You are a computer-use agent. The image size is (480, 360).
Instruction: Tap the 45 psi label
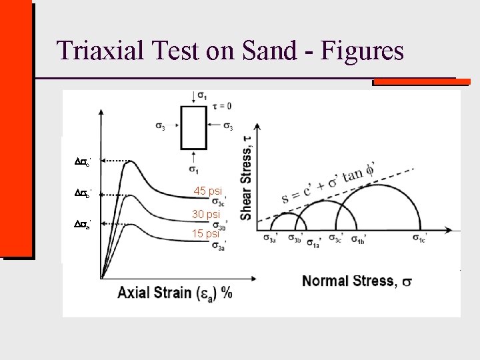pos(207,191)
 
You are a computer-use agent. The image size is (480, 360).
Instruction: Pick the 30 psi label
pos(205,214)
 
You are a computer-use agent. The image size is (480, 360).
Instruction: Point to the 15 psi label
pos(205,233)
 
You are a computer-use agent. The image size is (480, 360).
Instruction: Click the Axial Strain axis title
pos(175,292)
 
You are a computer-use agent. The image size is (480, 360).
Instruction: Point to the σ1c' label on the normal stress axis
pos(420,239)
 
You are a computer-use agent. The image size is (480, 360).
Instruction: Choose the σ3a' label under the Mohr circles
pos(271,239)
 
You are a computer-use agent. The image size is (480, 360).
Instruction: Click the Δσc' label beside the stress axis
pos(82,161)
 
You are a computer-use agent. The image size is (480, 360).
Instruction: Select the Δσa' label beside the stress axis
pos(82,225)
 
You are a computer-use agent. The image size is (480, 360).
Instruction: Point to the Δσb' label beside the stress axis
pos(82,193)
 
